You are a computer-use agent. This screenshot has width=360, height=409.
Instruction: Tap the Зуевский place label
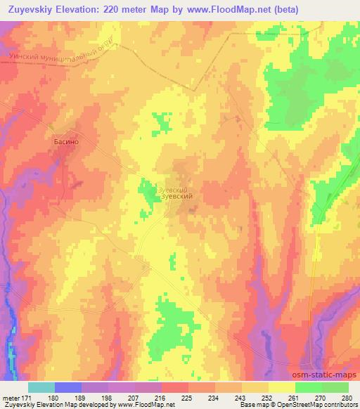177,197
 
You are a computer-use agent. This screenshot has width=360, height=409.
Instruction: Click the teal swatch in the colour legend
41,387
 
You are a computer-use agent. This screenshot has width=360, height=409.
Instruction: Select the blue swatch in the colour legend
68,387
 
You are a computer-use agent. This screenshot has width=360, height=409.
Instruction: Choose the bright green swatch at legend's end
335,387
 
